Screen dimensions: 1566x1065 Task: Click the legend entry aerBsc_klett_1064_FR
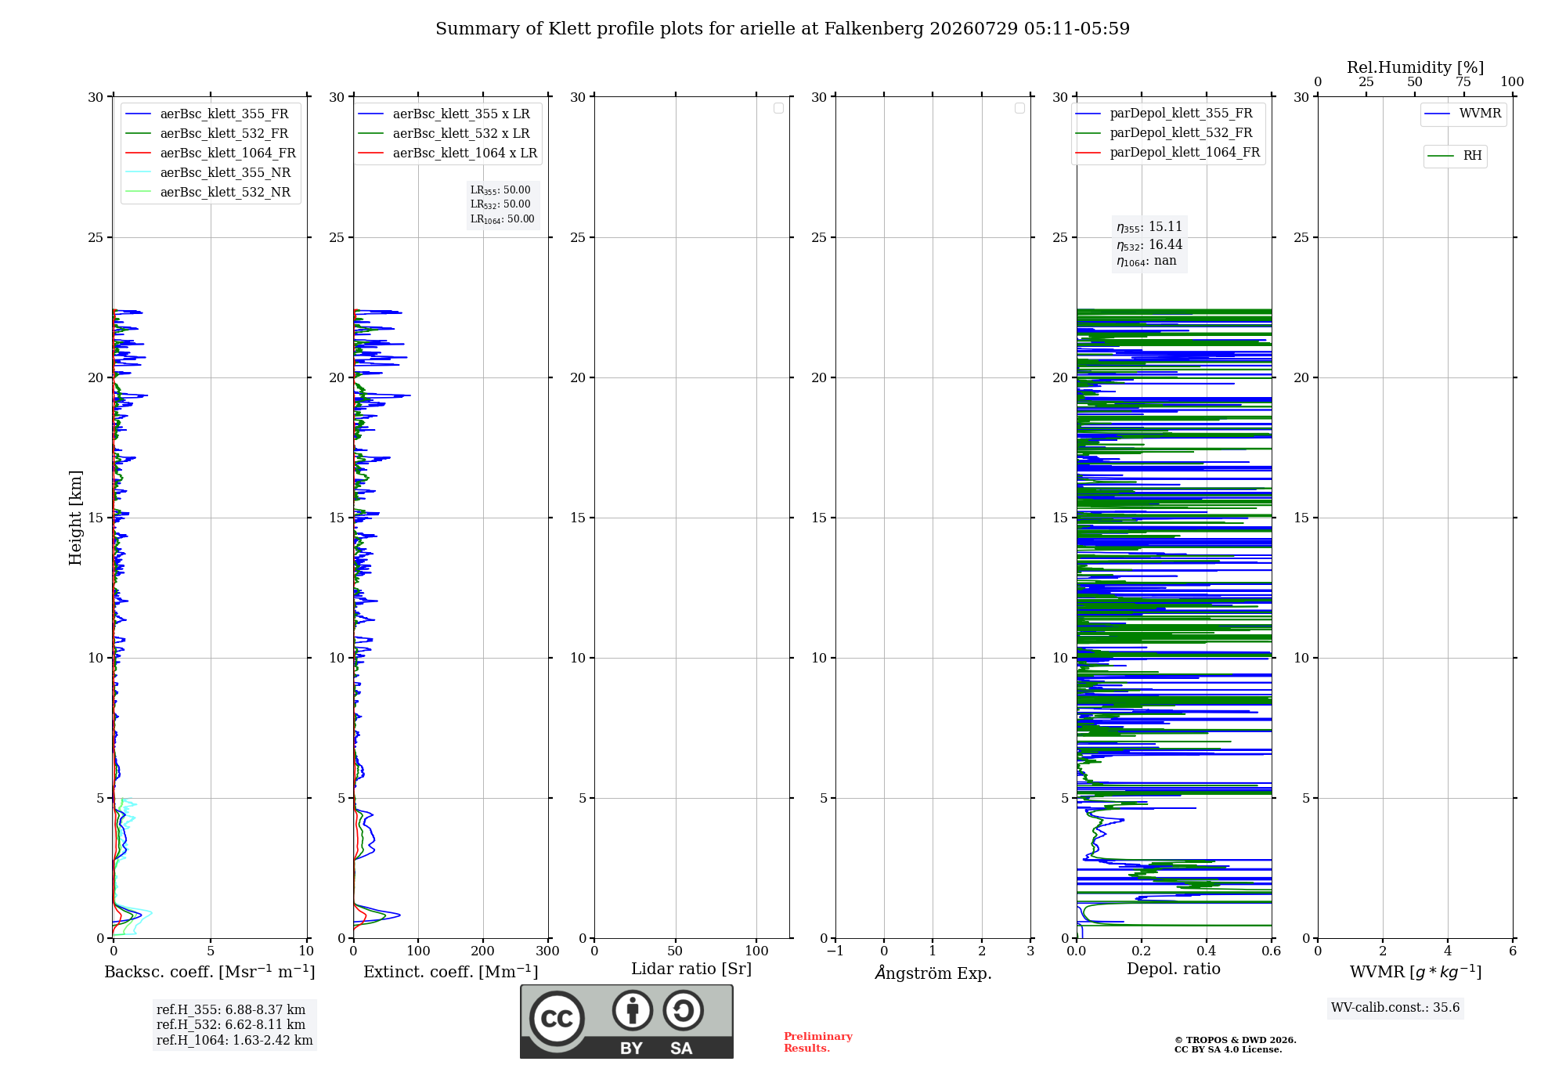211,153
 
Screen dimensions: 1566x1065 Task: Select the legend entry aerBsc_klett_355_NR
208,172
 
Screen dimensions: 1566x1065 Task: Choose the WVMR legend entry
1463,114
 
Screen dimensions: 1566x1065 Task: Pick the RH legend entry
1456,156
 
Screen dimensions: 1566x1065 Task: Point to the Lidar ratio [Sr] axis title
691,969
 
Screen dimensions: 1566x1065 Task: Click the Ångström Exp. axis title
933,972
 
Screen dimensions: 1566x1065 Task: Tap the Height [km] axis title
75,518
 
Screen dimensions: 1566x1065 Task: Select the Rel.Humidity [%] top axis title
1416,67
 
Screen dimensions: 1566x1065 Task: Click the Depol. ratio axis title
1174,969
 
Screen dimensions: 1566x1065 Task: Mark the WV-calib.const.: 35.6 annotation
1395,1007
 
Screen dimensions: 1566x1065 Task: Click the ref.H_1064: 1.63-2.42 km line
234,1040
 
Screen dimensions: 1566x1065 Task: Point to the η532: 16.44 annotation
1149,244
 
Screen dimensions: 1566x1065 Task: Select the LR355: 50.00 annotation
500,190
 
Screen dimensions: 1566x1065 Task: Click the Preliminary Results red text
818,1042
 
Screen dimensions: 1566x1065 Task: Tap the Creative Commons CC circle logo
557,1018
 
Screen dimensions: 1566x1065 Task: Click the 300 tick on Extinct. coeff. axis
548,951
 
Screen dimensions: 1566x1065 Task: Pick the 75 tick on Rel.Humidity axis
1463,81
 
